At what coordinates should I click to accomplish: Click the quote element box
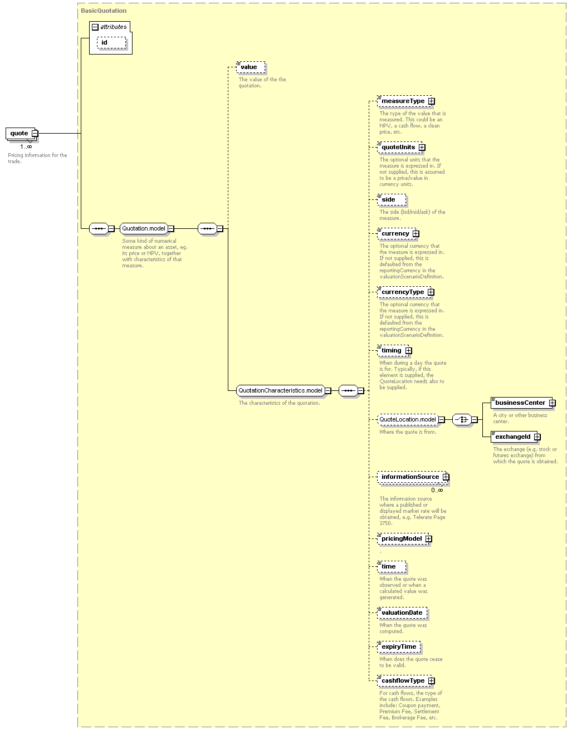click(x=21, y=134)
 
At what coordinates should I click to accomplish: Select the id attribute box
click(x=111, y=43)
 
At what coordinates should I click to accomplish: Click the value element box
click(x=251, y=67)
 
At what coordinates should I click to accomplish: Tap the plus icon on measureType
click(x=431, y=101)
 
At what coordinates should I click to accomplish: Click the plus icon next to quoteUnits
click(x=422, y=148)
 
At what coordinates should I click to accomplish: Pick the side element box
click(x=392, y=199)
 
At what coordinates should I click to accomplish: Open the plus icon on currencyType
click(x=431, y=292)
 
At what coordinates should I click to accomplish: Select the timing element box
click(x=393, y=351)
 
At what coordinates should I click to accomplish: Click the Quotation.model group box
click(x=144, y=229)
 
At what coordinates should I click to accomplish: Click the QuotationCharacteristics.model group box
click(x=281, y=391)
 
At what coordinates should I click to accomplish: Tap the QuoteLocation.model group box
click(x=408, y=420)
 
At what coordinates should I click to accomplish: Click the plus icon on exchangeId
click(x=537, y=437)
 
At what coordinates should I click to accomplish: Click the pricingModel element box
click(x=403, y=539)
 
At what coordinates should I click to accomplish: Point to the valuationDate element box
click(x=402, y=613)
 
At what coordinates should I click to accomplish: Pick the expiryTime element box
click(x=399, y=646)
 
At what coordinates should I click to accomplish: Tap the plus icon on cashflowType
click(x=431, y=680)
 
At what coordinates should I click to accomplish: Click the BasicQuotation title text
click(x=104, y=11)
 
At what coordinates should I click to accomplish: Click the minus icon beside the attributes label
click(x=95, y=27)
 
